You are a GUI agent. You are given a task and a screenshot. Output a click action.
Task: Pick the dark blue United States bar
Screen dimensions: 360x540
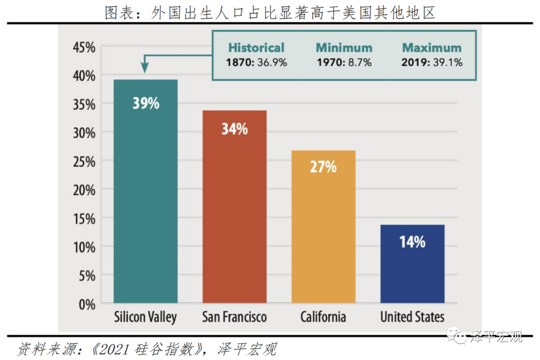click(412, 264)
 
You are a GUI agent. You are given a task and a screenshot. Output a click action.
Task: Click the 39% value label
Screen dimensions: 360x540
click(146, 103)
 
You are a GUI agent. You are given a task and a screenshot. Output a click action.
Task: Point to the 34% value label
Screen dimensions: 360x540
click(234, 129)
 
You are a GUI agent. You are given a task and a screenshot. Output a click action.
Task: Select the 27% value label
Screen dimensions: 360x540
click(323, 166)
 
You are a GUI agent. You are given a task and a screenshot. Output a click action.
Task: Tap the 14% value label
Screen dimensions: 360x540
click(412, 242)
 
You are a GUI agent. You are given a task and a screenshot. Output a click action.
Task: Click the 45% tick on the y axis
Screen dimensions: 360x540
click(83, 47)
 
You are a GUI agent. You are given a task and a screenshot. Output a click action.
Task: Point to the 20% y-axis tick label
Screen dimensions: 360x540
click(83, 190)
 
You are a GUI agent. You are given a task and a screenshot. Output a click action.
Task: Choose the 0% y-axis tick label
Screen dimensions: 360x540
click(85, 304)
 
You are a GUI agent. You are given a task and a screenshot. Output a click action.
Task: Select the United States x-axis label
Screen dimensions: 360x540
click(412, 316)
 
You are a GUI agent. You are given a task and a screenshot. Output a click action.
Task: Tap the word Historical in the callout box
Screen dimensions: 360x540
click(256, 48)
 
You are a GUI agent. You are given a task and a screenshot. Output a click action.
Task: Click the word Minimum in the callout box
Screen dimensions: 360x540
click(344, 48)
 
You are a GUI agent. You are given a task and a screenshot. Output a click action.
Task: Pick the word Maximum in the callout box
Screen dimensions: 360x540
click(432, 48)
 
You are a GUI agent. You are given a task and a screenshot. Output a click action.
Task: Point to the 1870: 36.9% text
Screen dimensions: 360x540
click(256, 62)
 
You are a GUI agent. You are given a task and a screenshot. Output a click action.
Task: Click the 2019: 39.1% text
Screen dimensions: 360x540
click(432, 62)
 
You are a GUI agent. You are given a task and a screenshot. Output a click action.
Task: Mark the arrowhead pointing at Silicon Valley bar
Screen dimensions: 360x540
click(145, 69)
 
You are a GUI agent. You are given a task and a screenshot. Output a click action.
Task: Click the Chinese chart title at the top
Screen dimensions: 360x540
click(270, 12)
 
